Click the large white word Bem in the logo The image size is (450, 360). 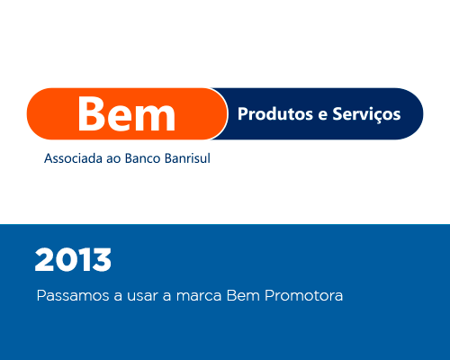point(127,113)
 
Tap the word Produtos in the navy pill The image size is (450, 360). point(275,114)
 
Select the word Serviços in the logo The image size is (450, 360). point(366,115)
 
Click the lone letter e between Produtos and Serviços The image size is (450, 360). point(322,116)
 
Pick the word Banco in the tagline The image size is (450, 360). point(143,158)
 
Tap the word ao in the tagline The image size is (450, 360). point(113,159)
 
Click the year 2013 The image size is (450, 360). point(73,260)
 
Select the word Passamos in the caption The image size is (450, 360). point(73,295)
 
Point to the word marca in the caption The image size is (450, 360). point(199,296)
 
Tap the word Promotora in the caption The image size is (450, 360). point(303,295)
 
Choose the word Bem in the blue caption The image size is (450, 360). point(243,295)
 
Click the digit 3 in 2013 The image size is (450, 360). point(101,260)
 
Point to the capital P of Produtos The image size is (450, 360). point(242,114)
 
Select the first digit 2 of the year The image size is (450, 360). point(44,260)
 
